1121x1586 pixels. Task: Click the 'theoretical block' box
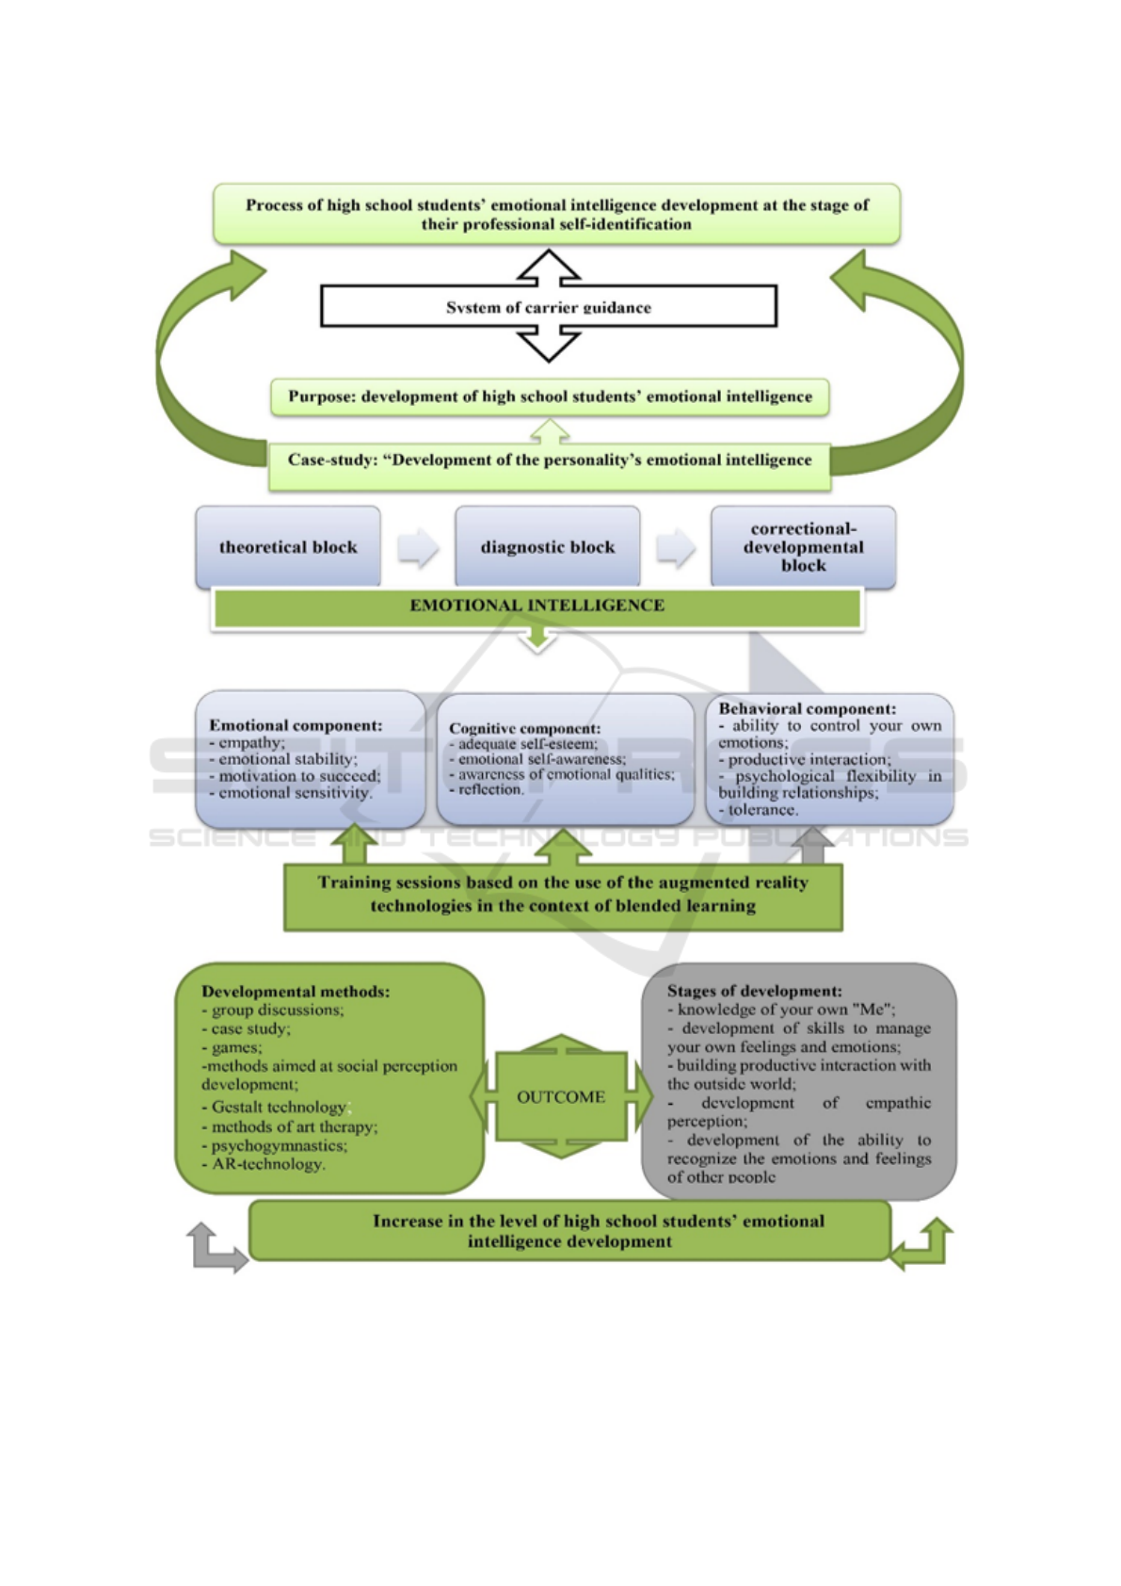[288, 547]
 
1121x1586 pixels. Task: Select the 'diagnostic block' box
[547, 547]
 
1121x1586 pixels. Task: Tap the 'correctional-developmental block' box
[803, 547]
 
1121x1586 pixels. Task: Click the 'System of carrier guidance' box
[549, 307]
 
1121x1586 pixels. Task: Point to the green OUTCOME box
[561, 1096]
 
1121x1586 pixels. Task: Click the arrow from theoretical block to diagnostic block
[418, 547]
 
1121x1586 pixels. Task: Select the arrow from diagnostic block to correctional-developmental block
[676, 547]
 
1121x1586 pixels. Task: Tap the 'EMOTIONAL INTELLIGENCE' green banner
[536, 606]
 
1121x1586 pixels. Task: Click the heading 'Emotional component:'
[296, 725]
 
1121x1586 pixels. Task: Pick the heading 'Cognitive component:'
[524, 728]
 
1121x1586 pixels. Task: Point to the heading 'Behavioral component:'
[807, 708]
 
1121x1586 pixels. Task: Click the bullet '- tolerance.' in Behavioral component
[759, 810]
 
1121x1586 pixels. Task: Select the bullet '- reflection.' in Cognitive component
[487, 789]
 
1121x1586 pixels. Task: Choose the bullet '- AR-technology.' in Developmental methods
[264, 1164]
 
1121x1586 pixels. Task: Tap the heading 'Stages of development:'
[754, 991]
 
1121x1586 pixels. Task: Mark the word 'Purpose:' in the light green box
[321, 396]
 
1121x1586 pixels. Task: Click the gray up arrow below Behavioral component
[813, 845]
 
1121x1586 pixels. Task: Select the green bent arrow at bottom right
[922, 1242]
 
